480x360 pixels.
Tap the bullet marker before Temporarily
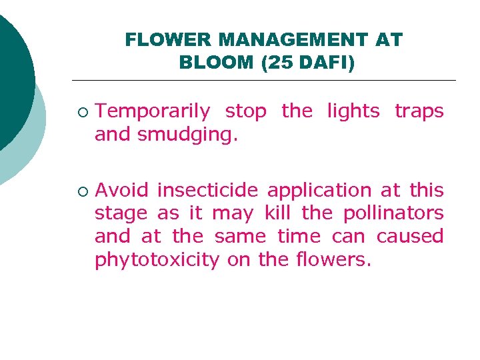click(81, 112)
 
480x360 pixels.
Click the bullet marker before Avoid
click(81, 191)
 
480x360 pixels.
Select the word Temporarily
click(153, 111)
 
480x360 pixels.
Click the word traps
click(419, 111)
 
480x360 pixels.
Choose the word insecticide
click(209, 190)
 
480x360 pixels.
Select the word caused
click(409, 236)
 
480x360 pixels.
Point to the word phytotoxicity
click(157, 260)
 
